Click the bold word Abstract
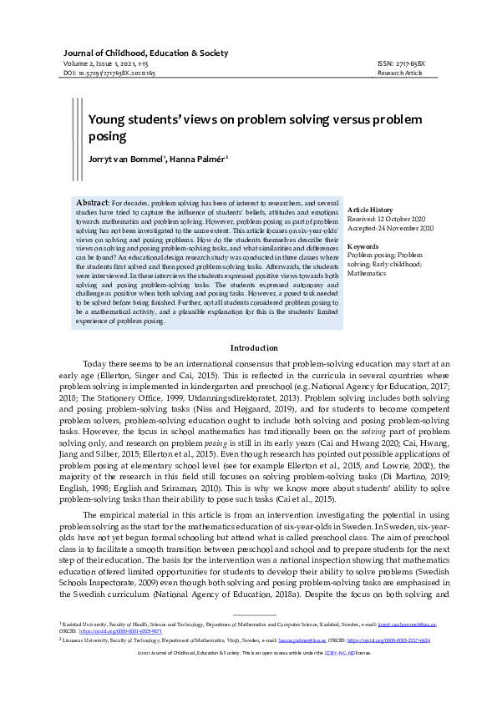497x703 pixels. (92, 203)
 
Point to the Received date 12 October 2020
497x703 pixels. (389, 219)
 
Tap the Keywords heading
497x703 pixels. (363, 246)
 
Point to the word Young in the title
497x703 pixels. (106, 119)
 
